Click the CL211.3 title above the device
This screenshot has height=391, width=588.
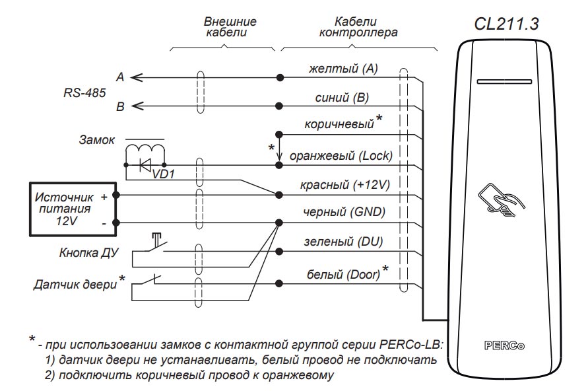[x=506, y=24]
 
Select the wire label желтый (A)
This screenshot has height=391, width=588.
[x=343, y=69]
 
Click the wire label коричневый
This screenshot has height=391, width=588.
[x=339, y=124]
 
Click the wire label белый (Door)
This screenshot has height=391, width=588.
[x=344, y=273]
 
